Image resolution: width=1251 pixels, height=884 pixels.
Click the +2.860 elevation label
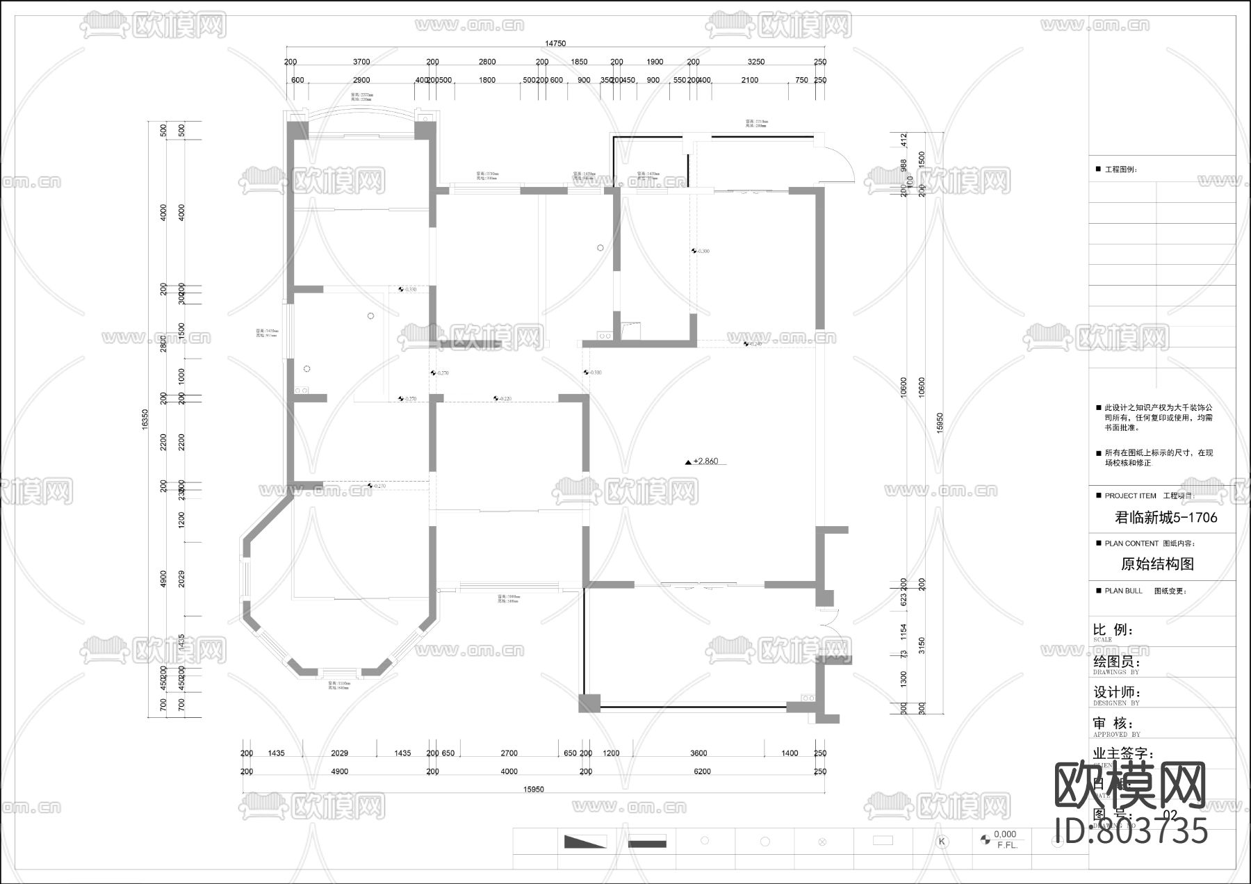pos(702,461)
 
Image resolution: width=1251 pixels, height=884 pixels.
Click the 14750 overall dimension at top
pos(555,43)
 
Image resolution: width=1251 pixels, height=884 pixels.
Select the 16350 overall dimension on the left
pos(145,419)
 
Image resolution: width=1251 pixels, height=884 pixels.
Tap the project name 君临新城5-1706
pos(1166,518)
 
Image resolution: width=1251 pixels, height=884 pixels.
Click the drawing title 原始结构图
pos(1158,564)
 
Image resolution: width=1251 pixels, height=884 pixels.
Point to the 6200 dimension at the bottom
pos(702,771)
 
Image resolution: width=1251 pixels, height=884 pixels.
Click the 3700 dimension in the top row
pos(361,62)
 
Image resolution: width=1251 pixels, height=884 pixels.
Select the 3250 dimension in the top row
pos(755,62)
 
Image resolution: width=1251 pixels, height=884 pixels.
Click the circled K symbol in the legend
pos(942,842)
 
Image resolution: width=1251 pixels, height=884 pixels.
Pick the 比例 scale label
pos(1113,630)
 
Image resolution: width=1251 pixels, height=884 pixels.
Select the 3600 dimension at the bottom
pos(698,753)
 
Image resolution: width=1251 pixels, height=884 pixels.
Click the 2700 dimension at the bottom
pos(509,753)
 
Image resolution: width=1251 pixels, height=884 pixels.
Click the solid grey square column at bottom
pos(589,703)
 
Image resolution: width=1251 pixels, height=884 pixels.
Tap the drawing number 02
pos(1170,815)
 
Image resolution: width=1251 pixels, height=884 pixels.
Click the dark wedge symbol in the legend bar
pos(584,842)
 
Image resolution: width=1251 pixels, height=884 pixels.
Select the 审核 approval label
pos(1112,723)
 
